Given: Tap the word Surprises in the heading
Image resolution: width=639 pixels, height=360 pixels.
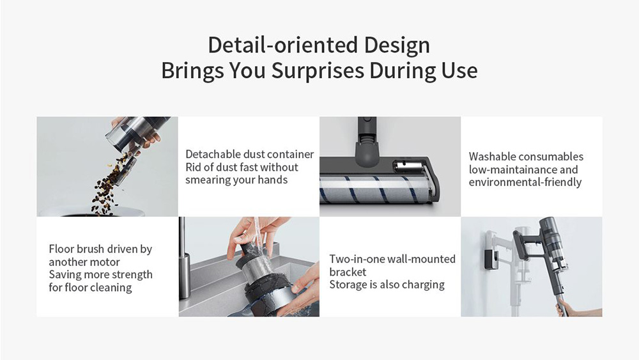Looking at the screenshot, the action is pos(318,70).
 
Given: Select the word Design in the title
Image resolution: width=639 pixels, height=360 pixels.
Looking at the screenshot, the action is pos(397,45).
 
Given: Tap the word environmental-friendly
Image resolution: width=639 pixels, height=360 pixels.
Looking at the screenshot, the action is pos(525,182).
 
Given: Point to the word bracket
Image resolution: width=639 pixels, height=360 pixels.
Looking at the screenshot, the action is pos(348,272).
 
